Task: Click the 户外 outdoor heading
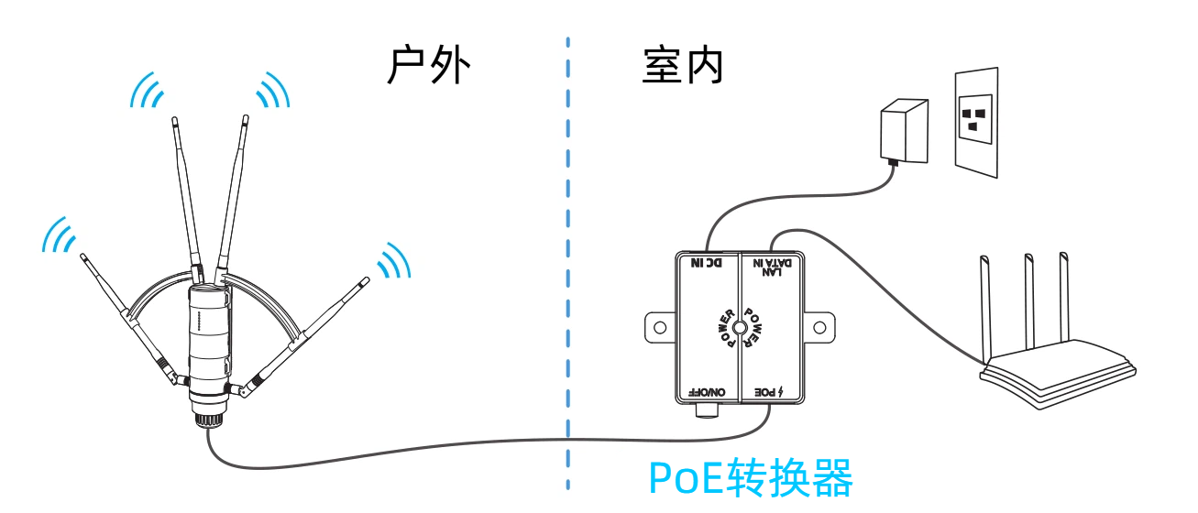(428, 65)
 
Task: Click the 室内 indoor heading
(683, 65)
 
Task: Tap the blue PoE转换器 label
(750, 477)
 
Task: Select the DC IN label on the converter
(707, 263)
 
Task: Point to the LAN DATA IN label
(773, 267)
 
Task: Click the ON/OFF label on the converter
(707, 392)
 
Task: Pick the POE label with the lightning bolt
(768, 392)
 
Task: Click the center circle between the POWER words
(740, 328)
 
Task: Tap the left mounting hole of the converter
(660, 328)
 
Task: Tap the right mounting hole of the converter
(819, 328)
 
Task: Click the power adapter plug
(904, 132)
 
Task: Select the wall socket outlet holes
(974, 119)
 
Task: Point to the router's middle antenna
(1029, 302)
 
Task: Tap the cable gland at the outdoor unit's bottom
(208, 419)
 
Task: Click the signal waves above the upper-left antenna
(147, 91)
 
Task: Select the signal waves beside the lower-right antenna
(394, 261)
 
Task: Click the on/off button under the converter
(707, 410)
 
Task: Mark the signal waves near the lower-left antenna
(59, 235)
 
